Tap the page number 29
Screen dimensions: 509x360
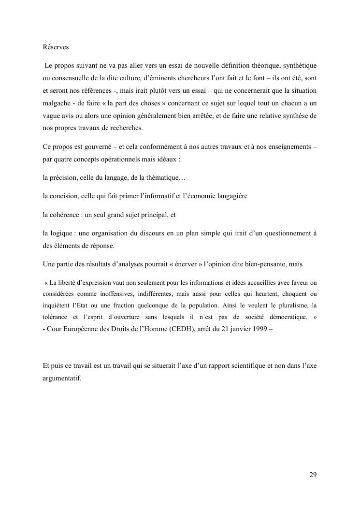point(313,474)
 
